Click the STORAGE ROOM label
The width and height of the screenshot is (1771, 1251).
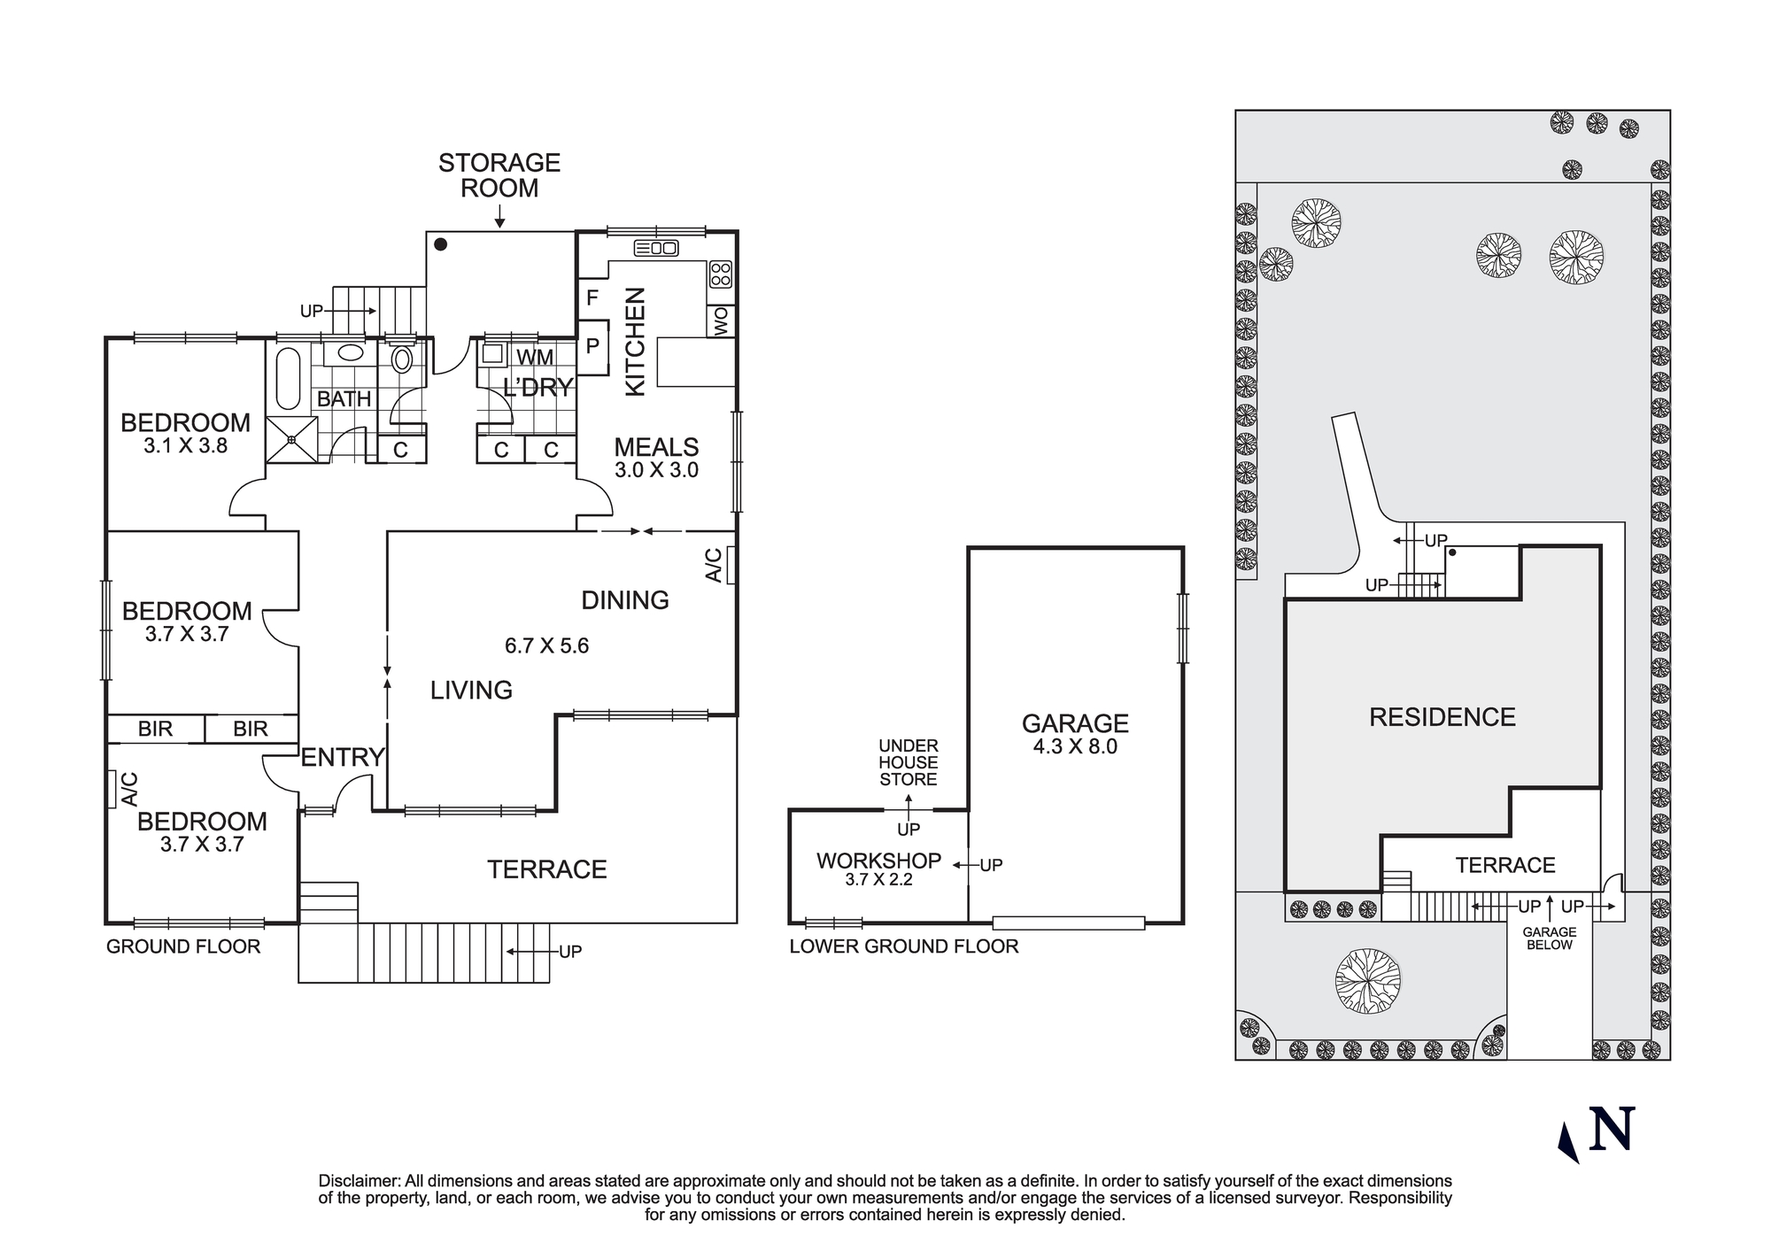pos(499,175)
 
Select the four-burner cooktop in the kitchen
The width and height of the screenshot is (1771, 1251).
pos(721,274)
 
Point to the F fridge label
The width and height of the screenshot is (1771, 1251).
pos(592,298)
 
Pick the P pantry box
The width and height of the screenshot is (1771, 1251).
pos(592,346)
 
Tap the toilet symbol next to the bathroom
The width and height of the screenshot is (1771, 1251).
pos(402,359)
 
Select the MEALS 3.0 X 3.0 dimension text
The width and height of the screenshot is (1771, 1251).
pos(657,470)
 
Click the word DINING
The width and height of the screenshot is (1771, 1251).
pos(624,600)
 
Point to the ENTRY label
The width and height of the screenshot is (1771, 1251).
pos(342,757)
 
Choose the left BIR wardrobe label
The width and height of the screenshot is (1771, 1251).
pos(155,729)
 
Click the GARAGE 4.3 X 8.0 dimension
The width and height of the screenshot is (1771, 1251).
pos(1075,746)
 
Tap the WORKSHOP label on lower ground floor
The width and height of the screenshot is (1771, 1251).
pos(878,861)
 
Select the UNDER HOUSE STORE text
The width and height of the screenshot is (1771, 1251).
pos(908,762)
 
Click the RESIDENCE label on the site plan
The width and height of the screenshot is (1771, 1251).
pos(1442,717)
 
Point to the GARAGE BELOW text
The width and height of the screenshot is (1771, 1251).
pos(1549,938)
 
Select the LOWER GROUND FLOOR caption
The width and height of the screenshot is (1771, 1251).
pos(903,946)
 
